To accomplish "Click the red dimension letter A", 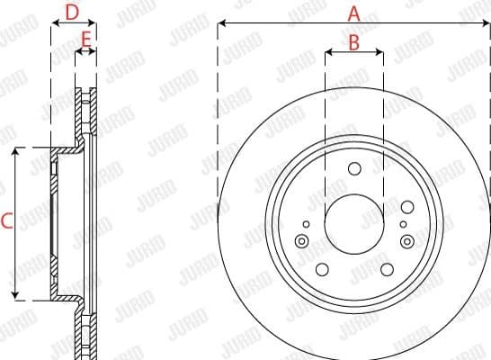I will [x=353, y=13].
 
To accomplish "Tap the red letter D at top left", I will [x=73, y=13].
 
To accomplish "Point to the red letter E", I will [x=86, y=40].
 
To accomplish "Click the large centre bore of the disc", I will [x=353, y=224].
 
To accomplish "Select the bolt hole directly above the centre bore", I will [x=353, y=168].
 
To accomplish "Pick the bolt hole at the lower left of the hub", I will [x=322, y=269].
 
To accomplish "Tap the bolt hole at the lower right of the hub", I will [x=386, y=269].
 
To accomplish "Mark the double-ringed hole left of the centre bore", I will [x=300, y=240].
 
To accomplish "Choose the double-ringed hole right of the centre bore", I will [x=407, y=240].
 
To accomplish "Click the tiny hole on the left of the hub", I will [x=306, y=224].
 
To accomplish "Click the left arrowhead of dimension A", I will [x=221, y=25].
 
